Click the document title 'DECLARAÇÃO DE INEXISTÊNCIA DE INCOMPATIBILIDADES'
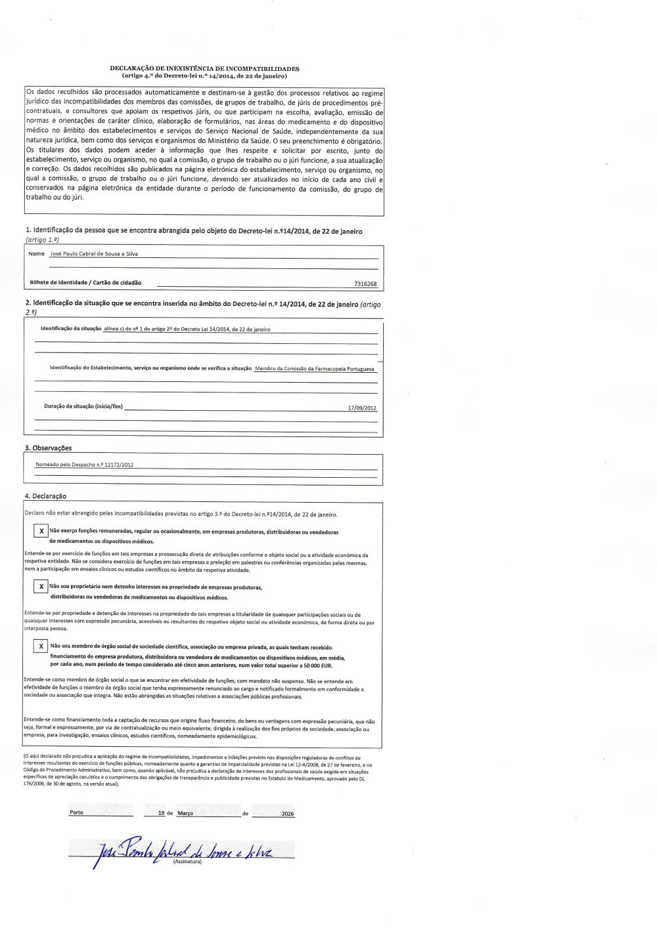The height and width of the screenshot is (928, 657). click(x=204, y=68)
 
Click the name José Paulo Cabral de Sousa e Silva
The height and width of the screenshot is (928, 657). click(x=94, y=254)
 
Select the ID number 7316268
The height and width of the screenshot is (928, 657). click(x=365, y=284)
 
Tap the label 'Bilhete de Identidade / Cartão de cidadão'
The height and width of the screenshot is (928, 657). click(x=85, y=283)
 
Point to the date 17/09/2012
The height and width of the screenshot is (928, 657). click(x=362, y=408)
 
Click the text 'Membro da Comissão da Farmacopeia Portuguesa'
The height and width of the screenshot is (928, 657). click(x=314, y=369)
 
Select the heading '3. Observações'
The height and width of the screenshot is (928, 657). click(x=48, y=448)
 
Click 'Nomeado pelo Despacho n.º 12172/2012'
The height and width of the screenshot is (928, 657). click(x=84, y=465)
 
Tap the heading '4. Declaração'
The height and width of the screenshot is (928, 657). click(x=45, y=496)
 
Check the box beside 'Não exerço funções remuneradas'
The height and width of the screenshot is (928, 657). click(x=41, y=531)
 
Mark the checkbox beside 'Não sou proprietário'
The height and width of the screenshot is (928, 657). click(x=41, y=587)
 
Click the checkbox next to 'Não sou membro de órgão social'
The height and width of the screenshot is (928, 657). click(x=41, y=646)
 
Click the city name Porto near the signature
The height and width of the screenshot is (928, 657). click(x=76, y=812)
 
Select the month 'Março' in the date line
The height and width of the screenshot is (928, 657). click(x=185, y=813)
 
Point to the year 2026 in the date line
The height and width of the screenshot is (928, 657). click(x=288, y=814)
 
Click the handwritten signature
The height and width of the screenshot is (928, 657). click(x=184, y=853)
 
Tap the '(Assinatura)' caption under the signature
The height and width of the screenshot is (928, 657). click(x=187, y=862)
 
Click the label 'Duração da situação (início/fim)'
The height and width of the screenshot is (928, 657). click(x=83, y=406)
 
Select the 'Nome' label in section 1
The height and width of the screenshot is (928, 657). click(x=37, y=254)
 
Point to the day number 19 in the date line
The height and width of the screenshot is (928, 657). click(x=161, y=813)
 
